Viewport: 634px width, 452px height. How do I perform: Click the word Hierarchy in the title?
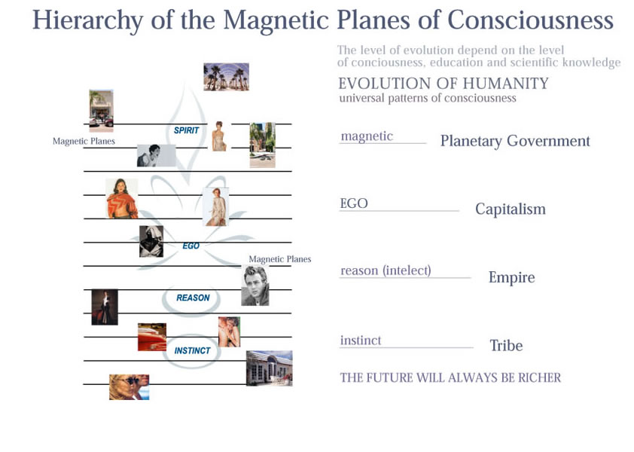88,20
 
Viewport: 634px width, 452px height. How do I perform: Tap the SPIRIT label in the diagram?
187,130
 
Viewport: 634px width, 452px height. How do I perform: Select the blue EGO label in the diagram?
191,246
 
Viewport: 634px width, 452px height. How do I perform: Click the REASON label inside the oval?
193,298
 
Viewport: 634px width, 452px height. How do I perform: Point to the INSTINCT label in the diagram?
192,350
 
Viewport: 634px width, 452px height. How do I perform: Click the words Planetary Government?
515,141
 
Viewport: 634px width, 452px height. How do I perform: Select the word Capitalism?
511,209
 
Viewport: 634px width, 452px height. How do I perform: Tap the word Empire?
511,277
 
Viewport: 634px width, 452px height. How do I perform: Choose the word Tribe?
506,346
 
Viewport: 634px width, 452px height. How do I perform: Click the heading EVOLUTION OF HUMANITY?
443,84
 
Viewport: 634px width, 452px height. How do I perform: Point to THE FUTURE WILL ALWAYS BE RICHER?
450,377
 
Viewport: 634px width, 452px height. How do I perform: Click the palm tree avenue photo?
227,77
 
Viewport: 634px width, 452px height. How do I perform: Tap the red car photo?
152,337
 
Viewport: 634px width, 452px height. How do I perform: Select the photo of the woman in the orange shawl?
122,198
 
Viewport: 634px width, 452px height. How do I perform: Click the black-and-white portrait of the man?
255,286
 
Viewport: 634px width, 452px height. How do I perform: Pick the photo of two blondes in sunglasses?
129,387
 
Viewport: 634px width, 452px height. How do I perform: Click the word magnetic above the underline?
367,136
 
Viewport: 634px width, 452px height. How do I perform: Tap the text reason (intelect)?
386,270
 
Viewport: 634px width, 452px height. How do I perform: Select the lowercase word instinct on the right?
361,341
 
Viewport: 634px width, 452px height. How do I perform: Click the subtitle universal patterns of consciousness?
428,99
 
